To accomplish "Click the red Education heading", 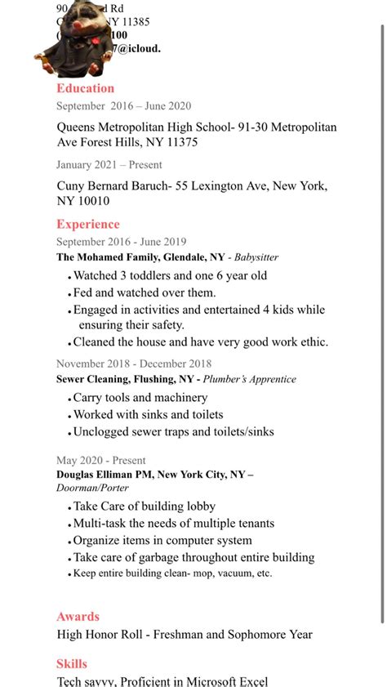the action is click(x=85, y=88).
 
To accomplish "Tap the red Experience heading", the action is click(x=88, y=224).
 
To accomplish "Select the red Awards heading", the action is click(x=78, y=617).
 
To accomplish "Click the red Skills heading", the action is click(x=71, y=664).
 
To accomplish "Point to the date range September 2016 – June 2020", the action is click(x=123, y=105).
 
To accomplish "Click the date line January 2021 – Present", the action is click(x=109, y=164).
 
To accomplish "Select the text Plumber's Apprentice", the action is click(x=250, y=379).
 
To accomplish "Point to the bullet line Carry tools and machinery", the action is click(x=140, y=398).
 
